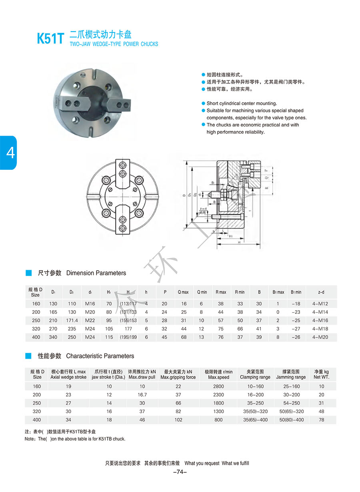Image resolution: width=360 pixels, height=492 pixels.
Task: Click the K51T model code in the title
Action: [x=50, y=38]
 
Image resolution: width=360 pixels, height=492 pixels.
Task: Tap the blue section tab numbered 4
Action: [x=8, y=153]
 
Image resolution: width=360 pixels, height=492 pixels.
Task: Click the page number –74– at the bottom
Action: [x=180, y=472]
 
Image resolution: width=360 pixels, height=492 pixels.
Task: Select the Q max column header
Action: [x=183, y=292]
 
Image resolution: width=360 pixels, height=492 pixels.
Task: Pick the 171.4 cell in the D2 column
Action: [x=72, y=321]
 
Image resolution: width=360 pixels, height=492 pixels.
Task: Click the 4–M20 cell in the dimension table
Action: [x=320, y=337]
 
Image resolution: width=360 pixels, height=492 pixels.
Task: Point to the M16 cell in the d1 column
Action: [x=90, y=304]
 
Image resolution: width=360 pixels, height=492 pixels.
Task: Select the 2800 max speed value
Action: [x=218, y=387]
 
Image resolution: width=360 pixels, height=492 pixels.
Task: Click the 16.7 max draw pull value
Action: [x=142, y=395]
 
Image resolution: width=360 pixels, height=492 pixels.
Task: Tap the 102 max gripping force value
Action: [x=178, y=420]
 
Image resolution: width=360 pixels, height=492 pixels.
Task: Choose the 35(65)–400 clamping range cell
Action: [x=255, y=420]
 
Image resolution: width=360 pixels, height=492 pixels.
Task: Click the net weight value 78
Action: [x=322, y=420]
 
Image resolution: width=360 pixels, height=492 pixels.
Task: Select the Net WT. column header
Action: [x=322, y=374]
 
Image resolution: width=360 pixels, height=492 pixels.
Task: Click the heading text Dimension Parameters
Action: [x=96, y=273]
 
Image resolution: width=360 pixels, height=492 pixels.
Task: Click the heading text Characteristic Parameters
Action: [x=100, y=356]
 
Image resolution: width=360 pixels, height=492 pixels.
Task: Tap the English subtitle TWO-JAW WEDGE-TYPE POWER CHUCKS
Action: [x=114, y=44]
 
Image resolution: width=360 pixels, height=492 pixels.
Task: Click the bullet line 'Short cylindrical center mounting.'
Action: [x=242, y=103]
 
